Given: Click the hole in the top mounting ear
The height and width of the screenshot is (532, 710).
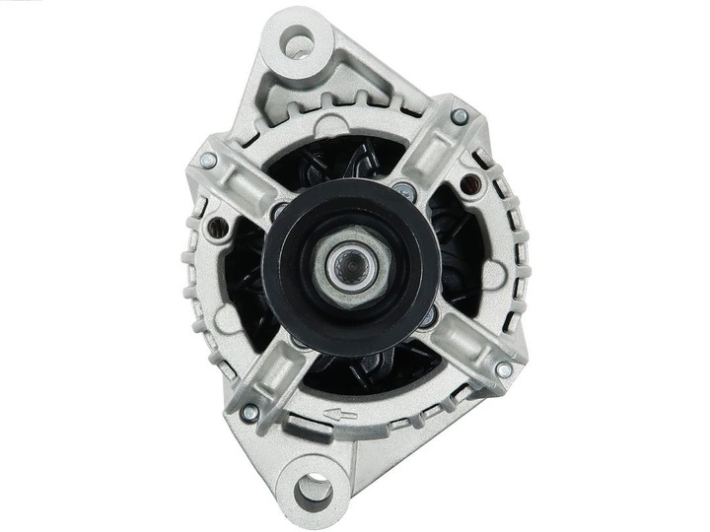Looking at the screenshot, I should click(x=300, y=41).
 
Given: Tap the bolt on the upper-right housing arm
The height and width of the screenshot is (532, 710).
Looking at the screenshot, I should click(x=459, y=116).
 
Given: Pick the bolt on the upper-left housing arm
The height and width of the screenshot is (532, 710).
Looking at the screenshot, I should click(x=208, y=160).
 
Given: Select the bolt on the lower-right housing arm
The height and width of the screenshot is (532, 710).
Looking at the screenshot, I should click(x=503, y=369).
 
